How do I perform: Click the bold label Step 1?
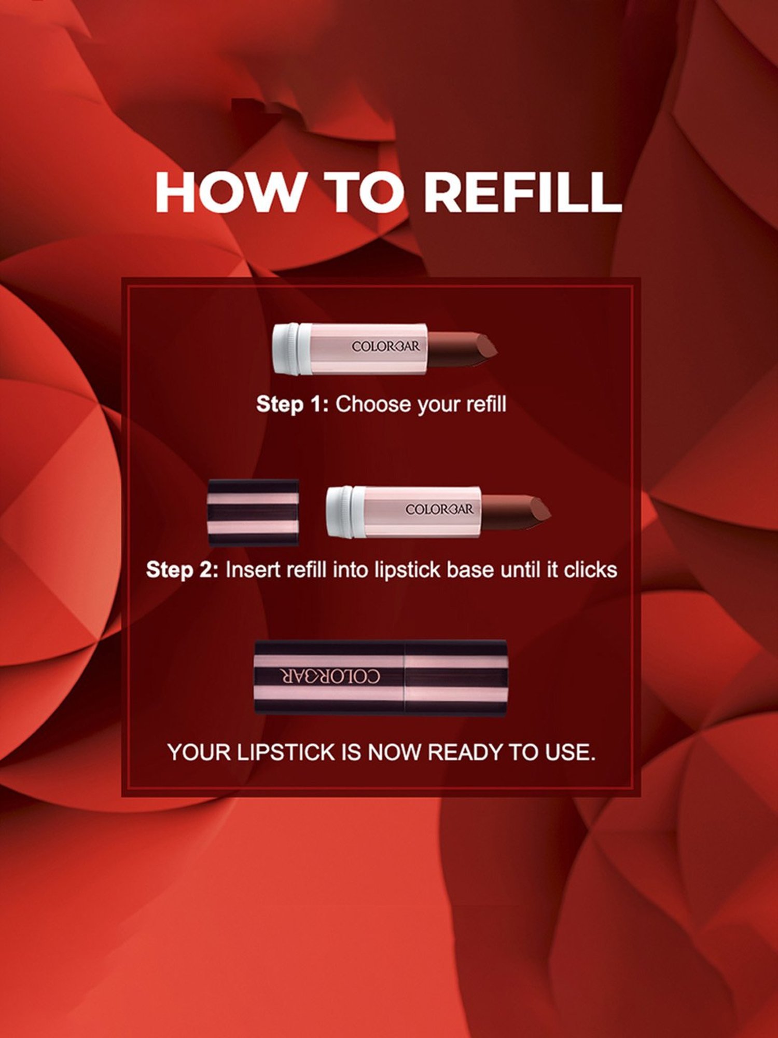click(292, 404)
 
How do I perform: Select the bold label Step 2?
click(182, 570)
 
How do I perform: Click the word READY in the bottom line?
click(466, 752)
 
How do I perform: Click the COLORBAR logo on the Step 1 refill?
click(385, 346)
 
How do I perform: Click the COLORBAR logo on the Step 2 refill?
click(439, 509)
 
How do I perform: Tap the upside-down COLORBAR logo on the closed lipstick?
click(330, 676)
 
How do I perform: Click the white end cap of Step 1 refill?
click(287, 348)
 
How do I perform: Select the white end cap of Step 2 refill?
click(340, 512)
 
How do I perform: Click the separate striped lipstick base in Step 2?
click(253, 512)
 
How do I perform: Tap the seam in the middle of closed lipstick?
click(404, 677)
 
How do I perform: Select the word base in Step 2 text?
click(470, 570)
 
